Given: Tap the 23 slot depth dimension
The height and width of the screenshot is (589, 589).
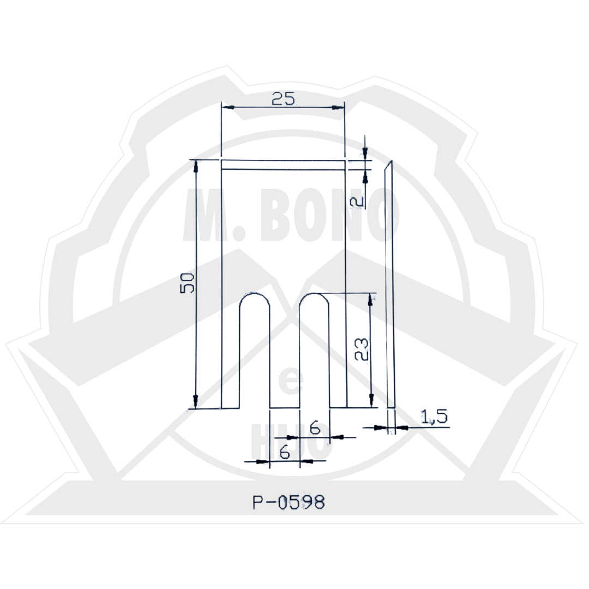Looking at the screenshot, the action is pos(362,349).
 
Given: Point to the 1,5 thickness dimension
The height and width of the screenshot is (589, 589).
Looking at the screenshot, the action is pos(434,417).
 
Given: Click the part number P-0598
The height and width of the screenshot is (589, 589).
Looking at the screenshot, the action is pos(289,502).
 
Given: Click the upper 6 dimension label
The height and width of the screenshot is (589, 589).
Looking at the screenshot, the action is pos(315,428).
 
